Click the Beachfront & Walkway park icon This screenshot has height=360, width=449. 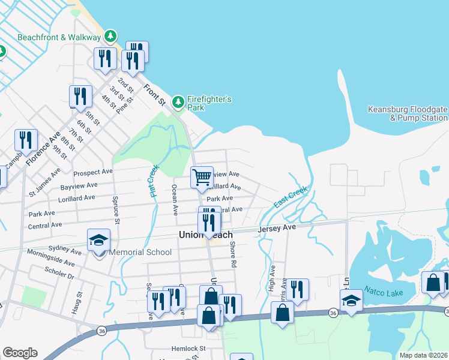tap(110, 37)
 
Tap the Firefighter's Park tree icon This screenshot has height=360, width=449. tap(178, 103)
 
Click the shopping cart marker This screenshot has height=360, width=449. tap(202, 177)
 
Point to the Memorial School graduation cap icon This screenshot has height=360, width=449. tap(99, 240)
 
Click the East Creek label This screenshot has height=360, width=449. tap(291, 197)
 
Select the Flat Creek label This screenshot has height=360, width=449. tap(154, 181)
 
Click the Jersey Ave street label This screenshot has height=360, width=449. tap(277, 229)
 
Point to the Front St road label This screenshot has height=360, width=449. tap(154, 95)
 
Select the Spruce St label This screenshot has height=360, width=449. tap(116, 210)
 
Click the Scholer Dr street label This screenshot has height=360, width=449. tap(59, 273)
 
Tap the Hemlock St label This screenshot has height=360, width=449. tap(188, 348)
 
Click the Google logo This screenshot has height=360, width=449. tap(20, 352)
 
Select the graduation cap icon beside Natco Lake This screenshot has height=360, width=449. tap(351, 300)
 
